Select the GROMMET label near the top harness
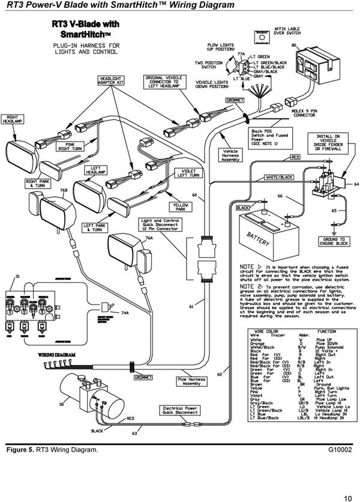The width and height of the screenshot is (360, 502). (234, 100)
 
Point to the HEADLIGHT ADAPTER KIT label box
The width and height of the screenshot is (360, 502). (111, 80)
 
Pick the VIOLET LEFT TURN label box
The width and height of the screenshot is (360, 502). (186, 173)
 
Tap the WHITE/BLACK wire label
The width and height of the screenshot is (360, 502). (279, 178)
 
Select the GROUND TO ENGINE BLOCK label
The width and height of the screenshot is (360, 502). (334, 241)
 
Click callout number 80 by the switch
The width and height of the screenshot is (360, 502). (293, 45)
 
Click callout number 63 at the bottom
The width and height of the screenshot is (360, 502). (134, 449)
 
